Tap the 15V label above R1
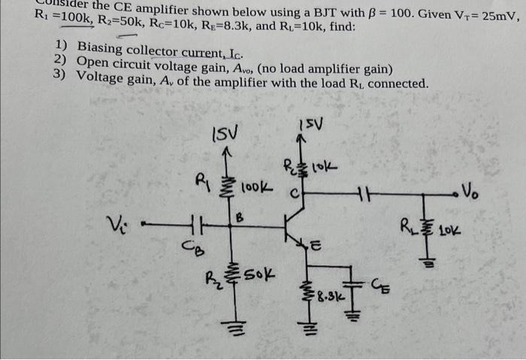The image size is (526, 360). tap(225, 135)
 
